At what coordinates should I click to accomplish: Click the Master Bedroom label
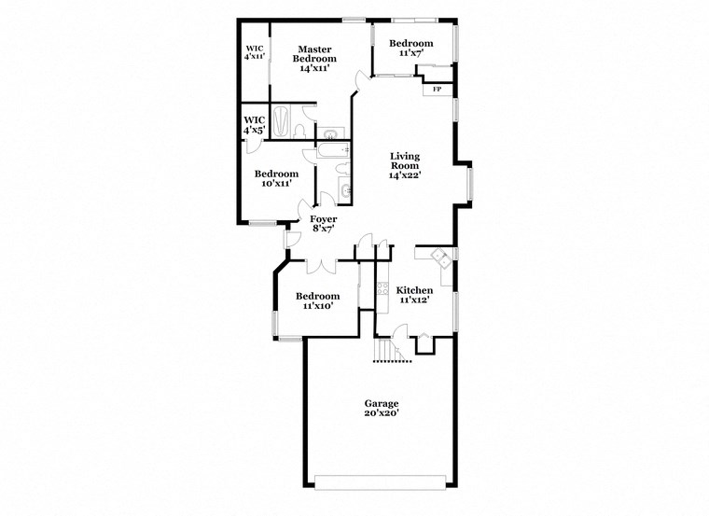pos(316,59)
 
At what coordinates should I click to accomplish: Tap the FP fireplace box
pos(437,90)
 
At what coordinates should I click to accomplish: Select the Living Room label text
pos(405,165)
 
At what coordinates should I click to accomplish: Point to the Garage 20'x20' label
pos(382,408)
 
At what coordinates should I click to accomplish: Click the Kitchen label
pos(413,295)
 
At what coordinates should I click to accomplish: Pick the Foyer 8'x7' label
pos(324,223)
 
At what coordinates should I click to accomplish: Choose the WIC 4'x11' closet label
pos(254,53)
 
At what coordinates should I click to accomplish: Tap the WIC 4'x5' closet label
pos(253,125)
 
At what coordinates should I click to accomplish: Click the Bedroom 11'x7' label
pos(410,49)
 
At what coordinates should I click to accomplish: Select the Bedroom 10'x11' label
pos(276,179)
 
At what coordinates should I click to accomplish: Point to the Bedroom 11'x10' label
pos(314,300)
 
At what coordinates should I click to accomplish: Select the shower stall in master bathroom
pos(283,123)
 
